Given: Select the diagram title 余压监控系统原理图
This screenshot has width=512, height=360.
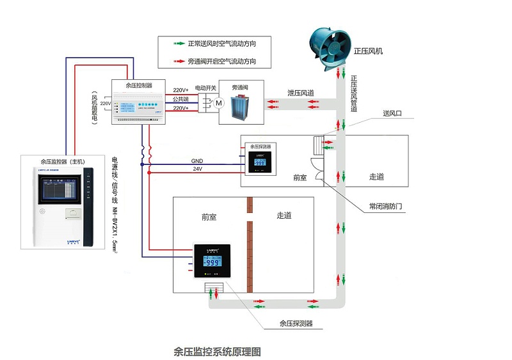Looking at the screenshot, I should click(218, 351).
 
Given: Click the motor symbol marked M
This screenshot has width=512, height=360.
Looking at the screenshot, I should click(218, 102).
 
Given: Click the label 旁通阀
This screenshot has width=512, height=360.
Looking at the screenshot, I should click(240, 88).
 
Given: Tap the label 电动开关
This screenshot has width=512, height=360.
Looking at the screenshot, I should click(205, 88).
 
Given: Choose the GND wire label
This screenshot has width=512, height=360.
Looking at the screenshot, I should click(197, 161).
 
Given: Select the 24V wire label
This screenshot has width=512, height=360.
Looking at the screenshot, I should click(197, 169).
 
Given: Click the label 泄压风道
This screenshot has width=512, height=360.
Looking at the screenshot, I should click(301, 93).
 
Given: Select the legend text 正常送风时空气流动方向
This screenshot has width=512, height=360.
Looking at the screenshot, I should click(222, 44).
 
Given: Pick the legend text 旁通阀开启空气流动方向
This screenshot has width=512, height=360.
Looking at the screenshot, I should click(222, 61).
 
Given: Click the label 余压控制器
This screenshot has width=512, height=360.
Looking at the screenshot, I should click(139, 84).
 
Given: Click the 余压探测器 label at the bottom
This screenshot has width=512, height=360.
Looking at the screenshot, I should click(296, 324).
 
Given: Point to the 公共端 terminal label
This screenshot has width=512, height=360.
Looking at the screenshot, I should click(180, 100).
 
